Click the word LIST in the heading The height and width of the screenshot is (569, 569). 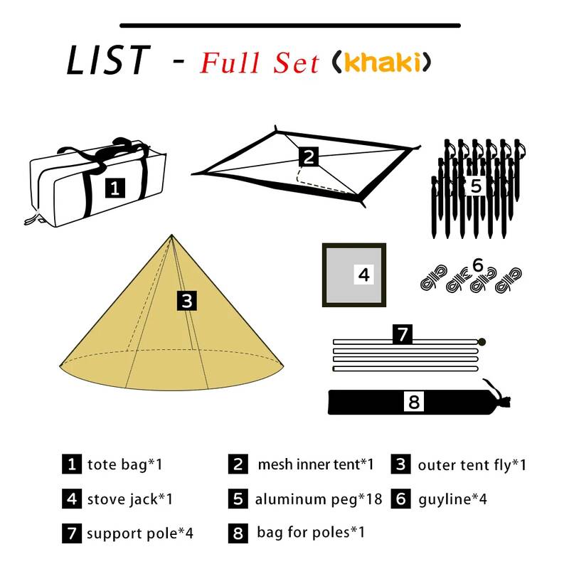108,60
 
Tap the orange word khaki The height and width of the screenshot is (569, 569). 382,62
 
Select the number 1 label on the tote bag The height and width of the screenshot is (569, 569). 115,188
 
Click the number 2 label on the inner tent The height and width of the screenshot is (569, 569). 309,156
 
